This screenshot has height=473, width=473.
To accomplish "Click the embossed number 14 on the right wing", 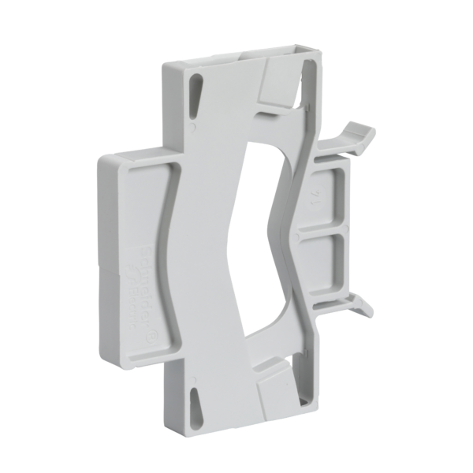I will [317, 192].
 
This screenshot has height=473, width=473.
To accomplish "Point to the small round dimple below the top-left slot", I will [193, 125].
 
